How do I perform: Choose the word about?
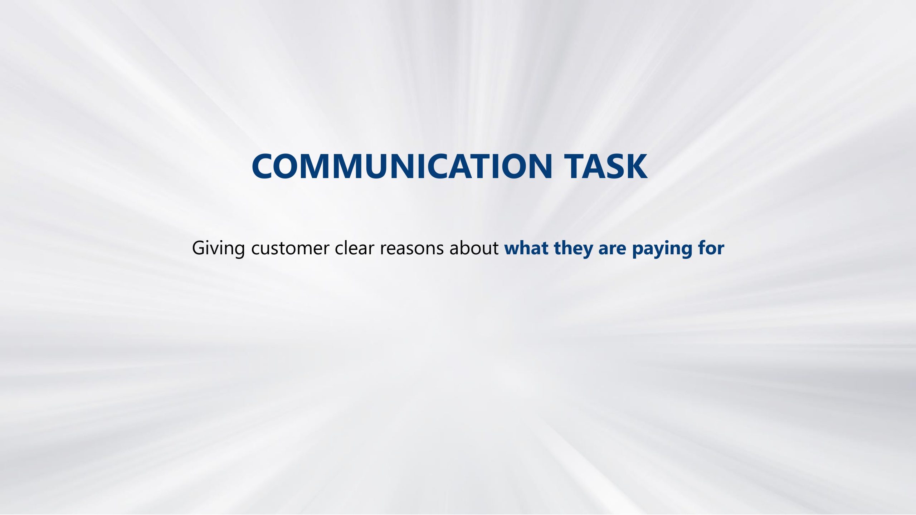click(474, 248)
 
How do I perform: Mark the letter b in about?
click(466, 248)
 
